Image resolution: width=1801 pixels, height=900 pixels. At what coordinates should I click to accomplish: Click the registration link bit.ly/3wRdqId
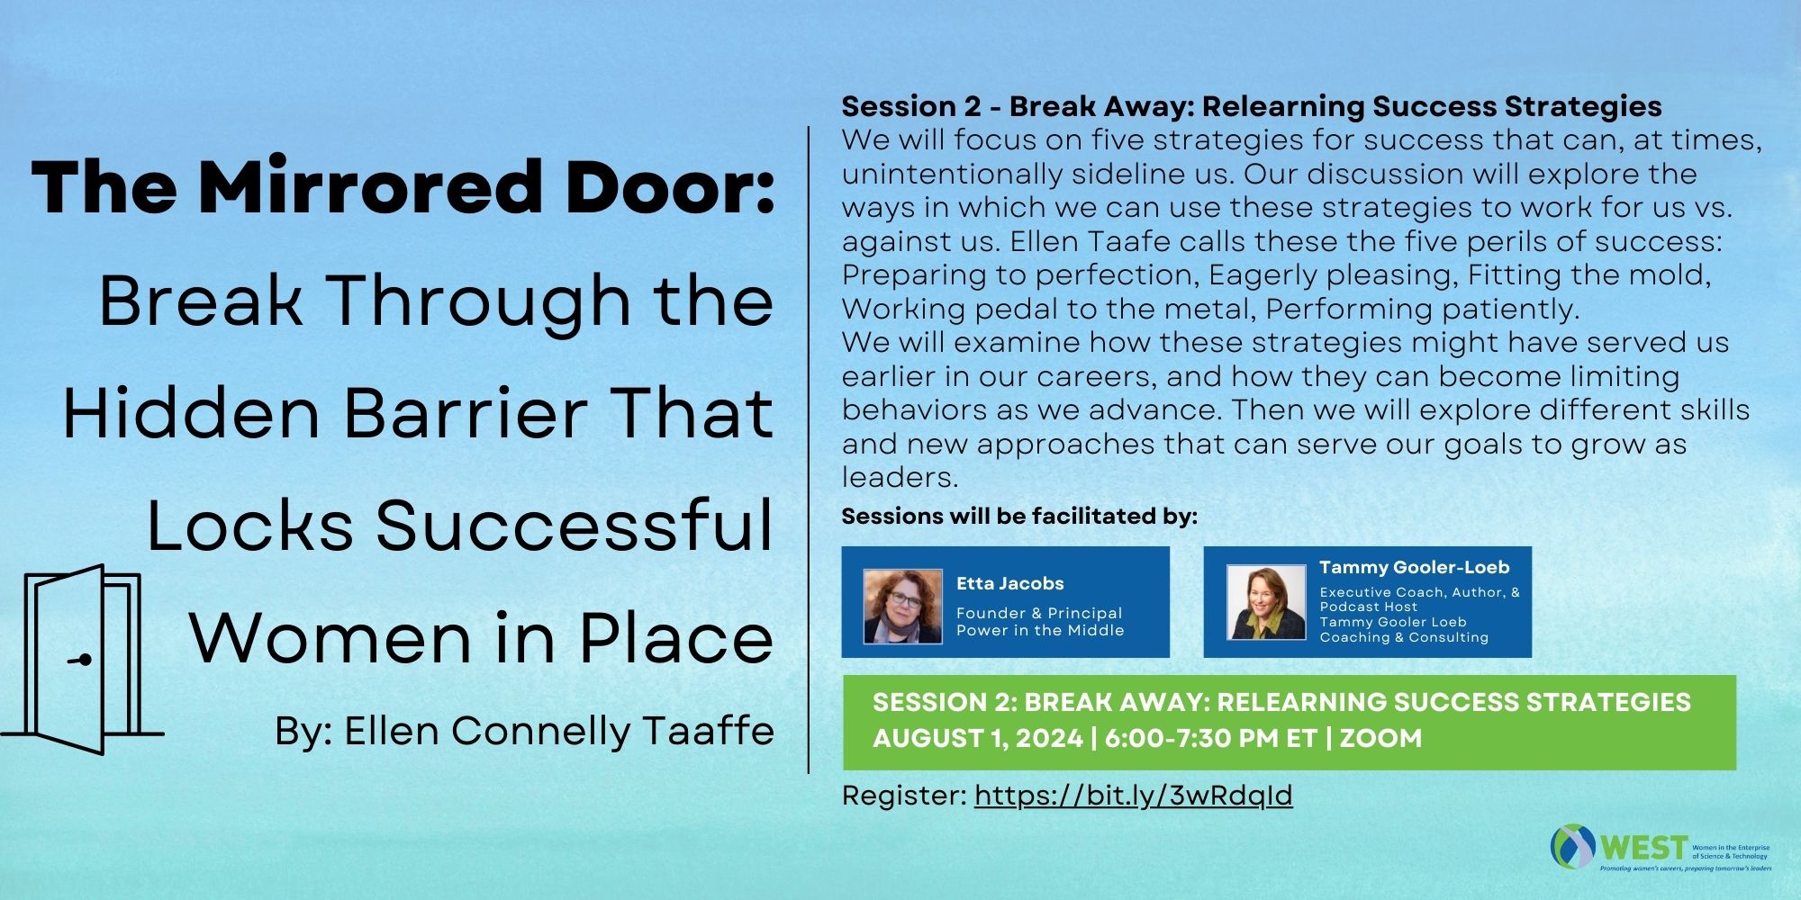pos(1133,796)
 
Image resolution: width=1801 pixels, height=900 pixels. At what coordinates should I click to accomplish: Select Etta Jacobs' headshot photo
pos(902,606)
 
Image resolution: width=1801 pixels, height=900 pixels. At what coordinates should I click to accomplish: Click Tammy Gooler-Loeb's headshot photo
pos(1265,602)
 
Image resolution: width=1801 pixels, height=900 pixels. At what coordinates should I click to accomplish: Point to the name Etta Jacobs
pos(1009,583)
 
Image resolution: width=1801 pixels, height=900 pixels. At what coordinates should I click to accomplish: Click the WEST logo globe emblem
pos(1572,846)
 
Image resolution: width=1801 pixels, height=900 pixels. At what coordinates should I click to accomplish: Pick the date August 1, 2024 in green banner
pos(977,738)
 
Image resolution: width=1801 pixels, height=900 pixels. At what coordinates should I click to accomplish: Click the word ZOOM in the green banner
pos(1380,738)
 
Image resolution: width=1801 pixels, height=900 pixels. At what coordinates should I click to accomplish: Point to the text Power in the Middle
pos(1040,630)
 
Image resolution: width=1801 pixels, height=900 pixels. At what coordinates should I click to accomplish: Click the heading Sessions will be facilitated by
pos(1019,516)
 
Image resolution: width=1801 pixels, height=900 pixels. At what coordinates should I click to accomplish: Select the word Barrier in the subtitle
pos(466,413)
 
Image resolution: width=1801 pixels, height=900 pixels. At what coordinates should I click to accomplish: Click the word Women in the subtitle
pos(330,638)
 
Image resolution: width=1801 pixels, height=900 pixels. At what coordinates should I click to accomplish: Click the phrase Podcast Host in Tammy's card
pos(1369,607)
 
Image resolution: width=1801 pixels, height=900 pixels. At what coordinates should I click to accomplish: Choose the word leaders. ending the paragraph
pos(900,477)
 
